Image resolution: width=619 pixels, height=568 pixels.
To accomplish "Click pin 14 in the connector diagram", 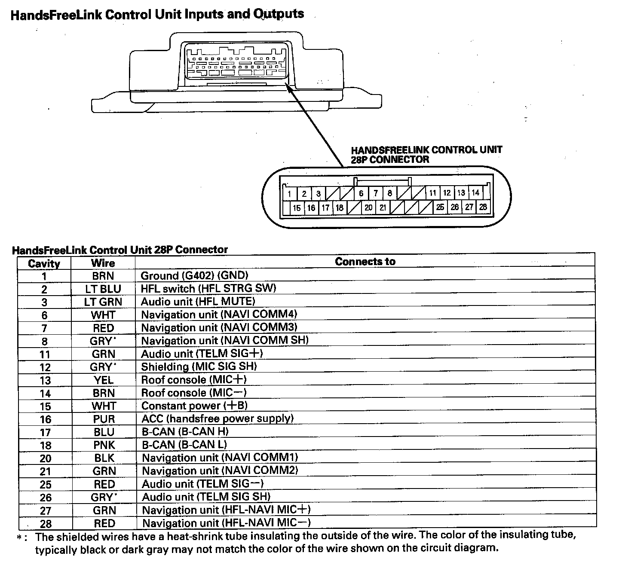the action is [x=475, y=193].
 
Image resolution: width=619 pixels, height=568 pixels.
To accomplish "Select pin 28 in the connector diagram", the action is [x=483, y=207].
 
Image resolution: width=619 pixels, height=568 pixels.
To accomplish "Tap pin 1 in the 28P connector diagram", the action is [x=290, y=194].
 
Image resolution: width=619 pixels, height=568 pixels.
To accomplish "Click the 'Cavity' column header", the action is [x=44, y=263].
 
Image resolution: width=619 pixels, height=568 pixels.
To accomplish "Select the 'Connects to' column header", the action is [x=365, y=262].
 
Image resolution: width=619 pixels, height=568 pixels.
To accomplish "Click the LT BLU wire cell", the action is [x=103, y=289].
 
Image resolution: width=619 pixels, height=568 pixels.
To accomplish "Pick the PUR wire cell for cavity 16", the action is [x=104, y=419].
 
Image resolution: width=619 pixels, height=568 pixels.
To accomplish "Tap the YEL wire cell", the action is [x=104, y=380].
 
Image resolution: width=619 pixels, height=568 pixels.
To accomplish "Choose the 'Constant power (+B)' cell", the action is [x=194, y=406].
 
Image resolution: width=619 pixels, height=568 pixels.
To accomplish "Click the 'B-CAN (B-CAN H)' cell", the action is [x=185, y=431].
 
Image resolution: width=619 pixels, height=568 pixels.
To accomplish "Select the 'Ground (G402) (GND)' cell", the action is [x=194, y=275].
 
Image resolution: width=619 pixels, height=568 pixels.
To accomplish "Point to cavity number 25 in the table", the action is [x=46, y=484].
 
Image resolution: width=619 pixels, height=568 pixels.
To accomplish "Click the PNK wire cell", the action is [x=104, y=445].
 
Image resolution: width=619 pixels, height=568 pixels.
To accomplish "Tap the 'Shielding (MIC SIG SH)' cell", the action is [x=199, y=366].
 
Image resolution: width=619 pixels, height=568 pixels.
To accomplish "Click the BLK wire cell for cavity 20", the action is [x=104, y=458].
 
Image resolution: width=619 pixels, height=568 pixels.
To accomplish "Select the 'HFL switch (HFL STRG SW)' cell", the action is [x=208, y=288].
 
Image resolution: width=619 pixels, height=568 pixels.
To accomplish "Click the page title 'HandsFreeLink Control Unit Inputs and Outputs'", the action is [x=157, y=14].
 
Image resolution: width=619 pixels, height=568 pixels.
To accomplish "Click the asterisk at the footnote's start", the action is [x=19, y=537].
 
